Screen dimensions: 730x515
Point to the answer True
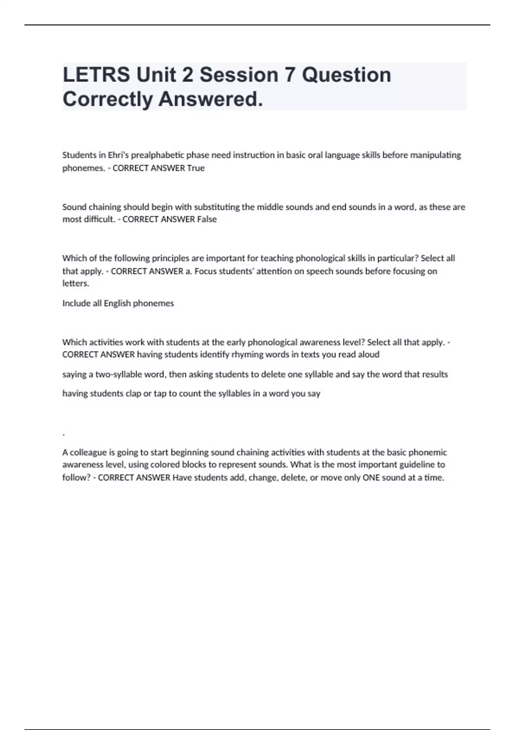click(x=196, y=168)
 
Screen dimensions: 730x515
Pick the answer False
click(x=206, y=219)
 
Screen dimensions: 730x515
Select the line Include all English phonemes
click(x=118, y=303)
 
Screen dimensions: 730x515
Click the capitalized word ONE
click(x=371, y=478)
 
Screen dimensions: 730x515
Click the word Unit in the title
click(x=156, y=75)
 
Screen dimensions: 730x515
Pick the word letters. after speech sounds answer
click(x=76, y=283)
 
